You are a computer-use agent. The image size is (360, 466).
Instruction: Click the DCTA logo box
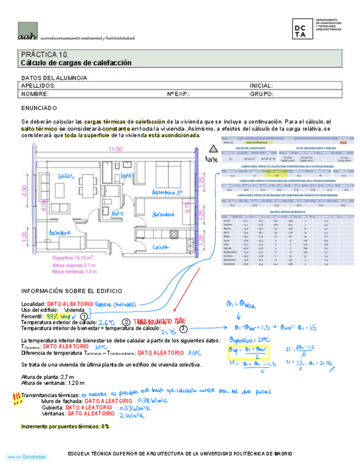[303, 29]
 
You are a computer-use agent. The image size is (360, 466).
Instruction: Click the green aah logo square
[27, 31]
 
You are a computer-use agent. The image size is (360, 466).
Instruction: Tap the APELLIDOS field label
[38, 86]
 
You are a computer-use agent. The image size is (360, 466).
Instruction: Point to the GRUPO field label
[262, 94]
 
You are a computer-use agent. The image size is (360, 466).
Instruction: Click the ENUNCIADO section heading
[39, 108]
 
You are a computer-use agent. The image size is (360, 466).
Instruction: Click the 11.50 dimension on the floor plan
[115, 149]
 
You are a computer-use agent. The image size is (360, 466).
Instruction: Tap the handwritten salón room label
[65, 176]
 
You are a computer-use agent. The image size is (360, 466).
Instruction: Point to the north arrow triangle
[213, 148]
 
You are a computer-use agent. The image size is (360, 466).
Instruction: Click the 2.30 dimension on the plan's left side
[24, 191]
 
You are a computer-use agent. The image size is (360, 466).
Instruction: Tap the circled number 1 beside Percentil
[84, 316]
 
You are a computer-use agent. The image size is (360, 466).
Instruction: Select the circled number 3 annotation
[183, 328]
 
